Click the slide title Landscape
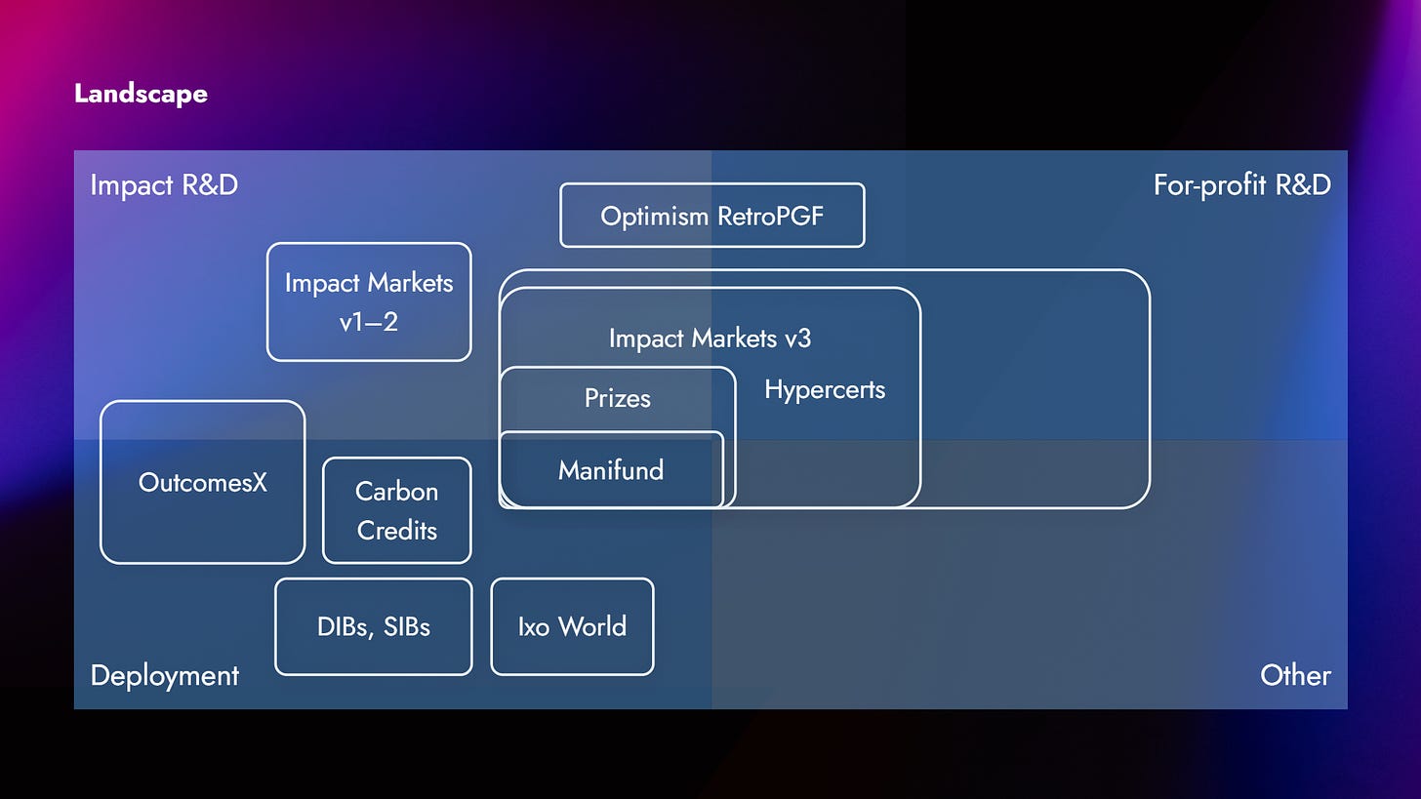point(141,94)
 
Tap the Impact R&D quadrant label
point(164,184)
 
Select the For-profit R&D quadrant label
point(1241,184)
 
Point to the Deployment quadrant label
point(164,675)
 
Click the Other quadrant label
point(1295,675)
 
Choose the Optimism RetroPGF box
point(711,216)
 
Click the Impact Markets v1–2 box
point(369,301)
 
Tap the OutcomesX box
point(202,482)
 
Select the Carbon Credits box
point(396,510)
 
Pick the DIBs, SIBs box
point(373,626)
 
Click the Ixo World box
point(572,626)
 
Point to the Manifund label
point(611,470)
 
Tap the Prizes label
point(617,398)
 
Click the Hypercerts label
point(825,390)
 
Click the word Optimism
point(654,216)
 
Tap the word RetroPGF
point(770,216)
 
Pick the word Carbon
point(396,491)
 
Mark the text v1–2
point(369,322)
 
